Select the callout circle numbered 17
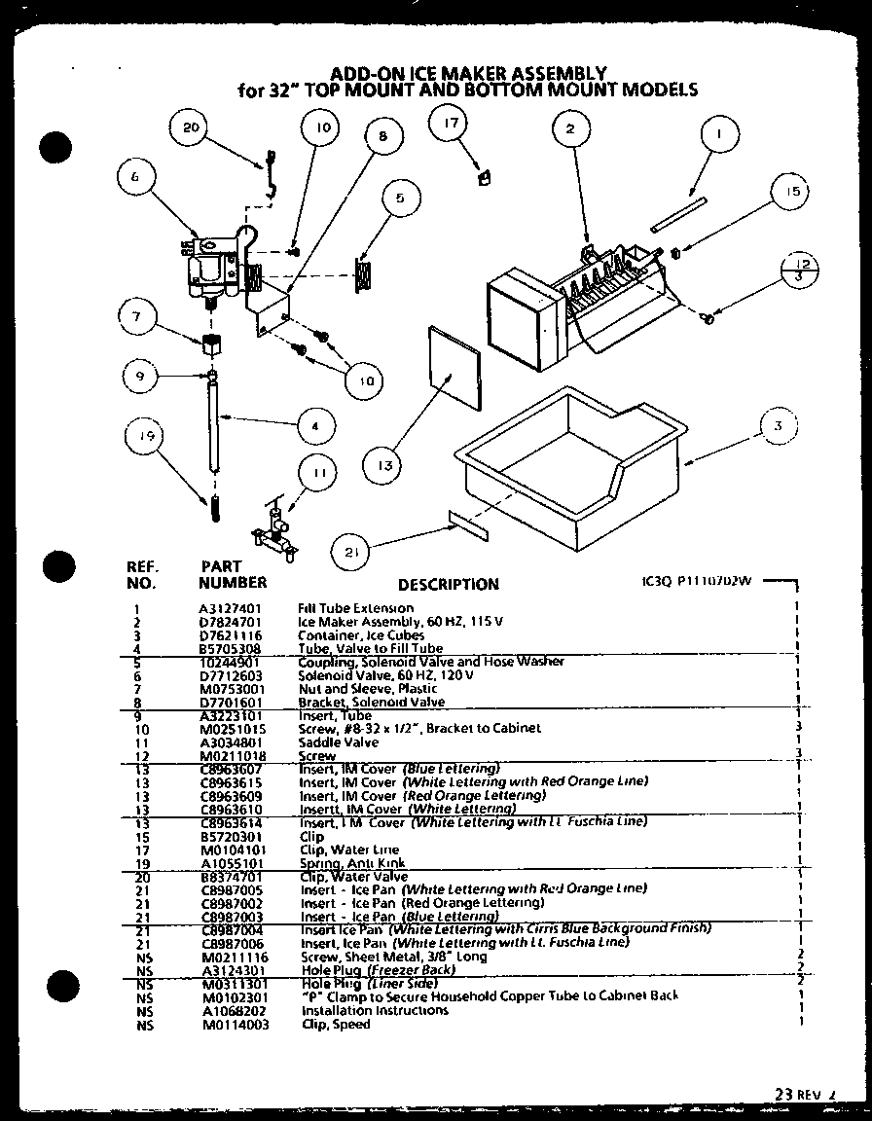click(x=450, y=124)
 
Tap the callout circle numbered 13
click(x=386, y=466)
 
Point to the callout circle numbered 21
click(x=351, y=552)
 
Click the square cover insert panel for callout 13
click(x=454, y=367)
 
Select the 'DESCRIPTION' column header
click(x=448, y=584)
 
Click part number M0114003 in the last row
click(x=230, y=1024)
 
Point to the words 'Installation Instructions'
click(x=375, y=1010)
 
